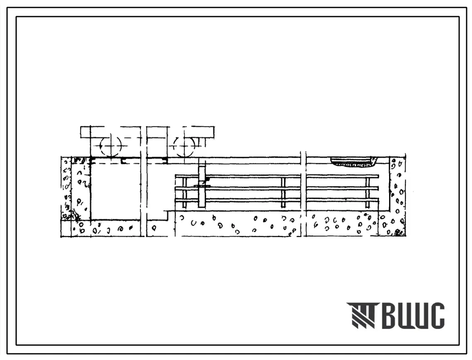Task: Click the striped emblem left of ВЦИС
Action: click(361, 315)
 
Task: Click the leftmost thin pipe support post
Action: click(184, 192)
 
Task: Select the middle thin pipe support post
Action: click(283, 192)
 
